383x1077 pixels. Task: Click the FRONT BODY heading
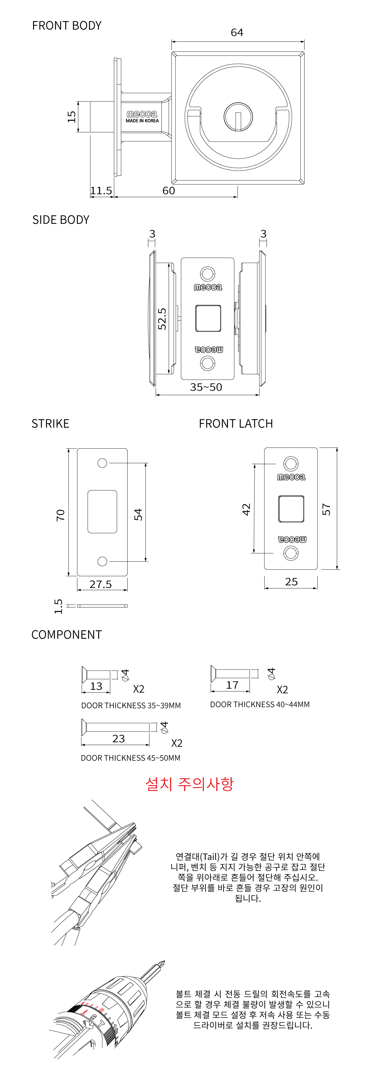pyautogui.click(x=66, y=26)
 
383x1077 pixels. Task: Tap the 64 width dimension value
pyautogui.click(x=237, y=32)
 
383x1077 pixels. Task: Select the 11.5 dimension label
pyautogui.click(x=101, y=191)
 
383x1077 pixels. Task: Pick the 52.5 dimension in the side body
pyautogui.click(x=162, y=319)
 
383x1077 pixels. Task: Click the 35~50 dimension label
pyautogui.click(x=206, y=387)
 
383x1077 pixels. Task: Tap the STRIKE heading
pyautogui.click(x=50, y=424)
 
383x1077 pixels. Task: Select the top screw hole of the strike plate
pyautogui.click(x=102, y=463)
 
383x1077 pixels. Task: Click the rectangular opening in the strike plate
pyautogui.click(x=102, y=512)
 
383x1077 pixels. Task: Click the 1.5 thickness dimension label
pyautogui.click(x=59, y=606)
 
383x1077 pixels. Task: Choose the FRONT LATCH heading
pyautogui.click(x=236, y=424)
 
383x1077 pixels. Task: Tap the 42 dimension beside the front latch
pyautogui.click(x=246, y=509)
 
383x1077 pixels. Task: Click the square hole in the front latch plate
pyautogui.click(x=291, y=509)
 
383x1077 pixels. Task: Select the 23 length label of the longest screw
pyautogui.click(x=119, y=739)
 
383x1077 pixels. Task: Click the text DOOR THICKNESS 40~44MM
pyautogui.click(x=260, y=705)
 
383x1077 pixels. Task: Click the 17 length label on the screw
pyautogui.click(x=232, y=685)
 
